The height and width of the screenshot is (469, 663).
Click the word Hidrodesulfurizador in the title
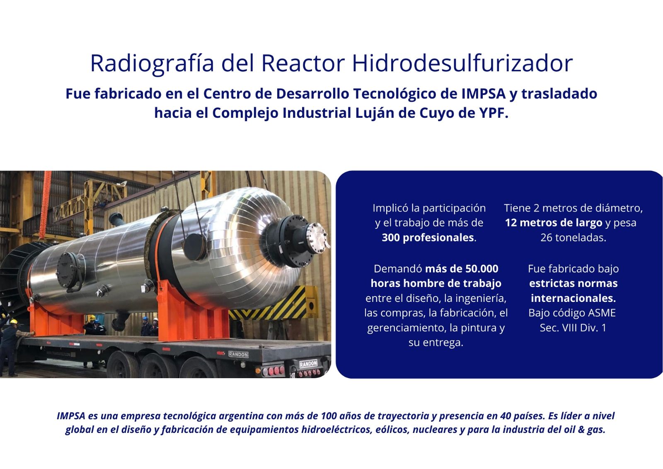pos(462,63)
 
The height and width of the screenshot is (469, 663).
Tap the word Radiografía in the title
pos(152,64)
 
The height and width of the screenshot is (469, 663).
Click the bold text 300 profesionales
pos(428,238)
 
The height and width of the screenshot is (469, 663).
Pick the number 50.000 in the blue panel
pos(482,269)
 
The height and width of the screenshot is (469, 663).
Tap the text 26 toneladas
pos(573,238)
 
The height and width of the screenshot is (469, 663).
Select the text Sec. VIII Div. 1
pos(573,328)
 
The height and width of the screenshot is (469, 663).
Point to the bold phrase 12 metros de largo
pos(554,223)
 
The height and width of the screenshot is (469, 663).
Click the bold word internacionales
pos(573,298)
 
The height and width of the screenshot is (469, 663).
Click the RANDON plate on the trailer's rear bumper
pos(308,364)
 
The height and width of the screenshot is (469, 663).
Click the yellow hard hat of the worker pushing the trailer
pos(14,321)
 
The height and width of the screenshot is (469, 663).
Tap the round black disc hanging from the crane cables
pos(194,246)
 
